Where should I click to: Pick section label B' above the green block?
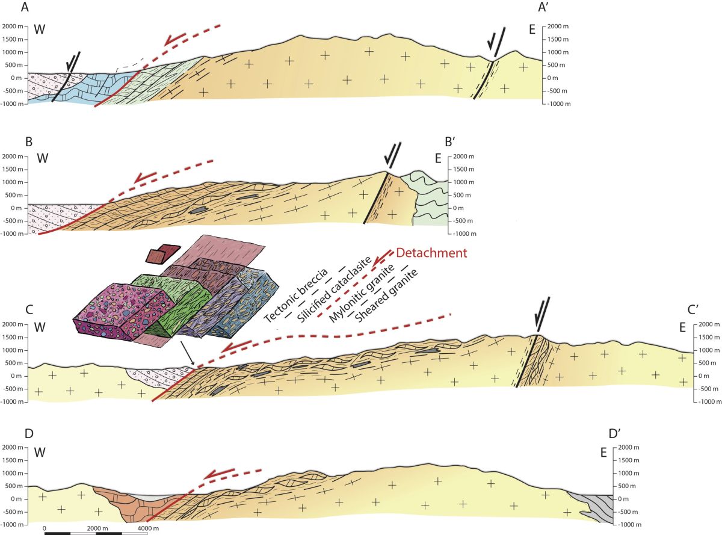451,144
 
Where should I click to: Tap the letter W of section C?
40,328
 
